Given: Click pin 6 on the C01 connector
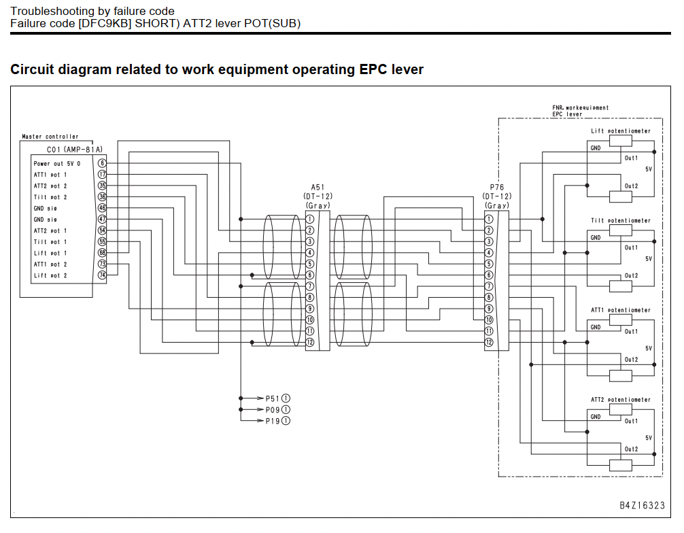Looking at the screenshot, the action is (x=102, y=163).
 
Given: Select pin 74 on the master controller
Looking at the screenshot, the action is (x=102, y=275).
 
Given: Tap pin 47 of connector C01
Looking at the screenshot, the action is (x=102, y=220).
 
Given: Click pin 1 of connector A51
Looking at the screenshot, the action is (x=310, y=219).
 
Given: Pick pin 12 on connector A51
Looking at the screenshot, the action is (x=310, y=343).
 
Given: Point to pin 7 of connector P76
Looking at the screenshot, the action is (x=489, y=286).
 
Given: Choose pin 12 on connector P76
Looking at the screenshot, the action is (x=489, y=343).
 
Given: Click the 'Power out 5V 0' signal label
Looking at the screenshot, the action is (x=57, y=164).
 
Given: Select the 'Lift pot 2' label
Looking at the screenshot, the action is (x=50, y=275).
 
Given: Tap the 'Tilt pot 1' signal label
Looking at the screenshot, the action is (x=50, y=242).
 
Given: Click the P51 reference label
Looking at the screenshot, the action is (x=273, y=398).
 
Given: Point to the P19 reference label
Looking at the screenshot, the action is (x=273, y=421).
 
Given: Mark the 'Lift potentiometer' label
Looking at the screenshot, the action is (x=621, y=131).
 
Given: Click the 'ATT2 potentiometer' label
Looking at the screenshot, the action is (x=621, y=400).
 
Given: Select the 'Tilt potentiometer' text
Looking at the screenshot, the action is (x=621, y=221).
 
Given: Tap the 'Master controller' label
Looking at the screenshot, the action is (x=50, y=137).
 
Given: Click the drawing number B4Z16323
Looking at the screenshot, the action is (x=642, y=505).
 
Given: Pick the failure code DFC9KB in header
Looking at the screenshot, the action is (x=105, y=24).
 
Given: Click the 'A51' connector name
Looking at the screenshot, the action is (x=318, y=187).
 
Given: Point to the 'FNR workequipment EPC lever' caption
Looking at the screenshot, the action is (x=580, y=111).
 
